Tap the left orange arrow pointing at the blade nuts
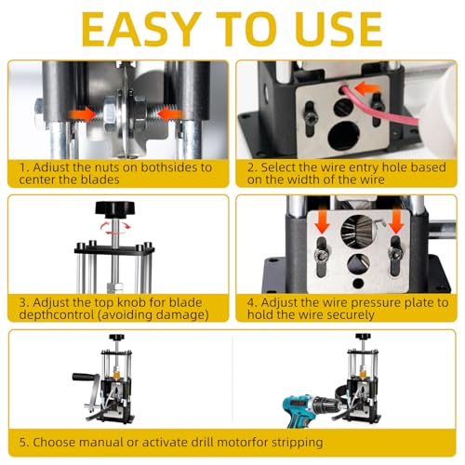(83, 114)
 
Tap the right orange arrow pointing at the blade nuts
(169, 114)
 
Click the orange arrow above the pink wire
(366, 89)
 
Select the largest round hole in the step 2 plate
(344, 136)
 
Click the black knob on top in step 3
(115, 209)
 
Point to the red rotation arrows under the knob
(115, 228)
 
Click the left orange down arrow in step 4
(323, 221)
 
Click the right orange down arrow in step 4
(396, 221)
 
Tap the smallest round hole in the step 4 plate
(358, 283)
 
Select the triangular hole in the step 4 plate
(358, 263)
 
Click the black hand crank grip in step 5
(85, 378)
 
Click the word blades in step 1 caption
(100, 179)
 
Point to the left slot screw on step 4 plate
(321, 256)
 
